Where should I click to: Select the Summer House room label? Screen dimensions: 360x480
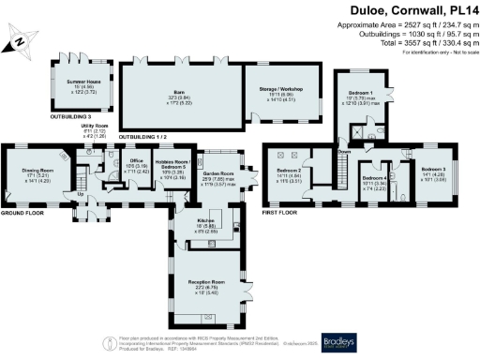(x=84, y=83)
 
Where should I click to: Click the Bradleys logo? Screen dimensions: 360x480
(x=341, y=341)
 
